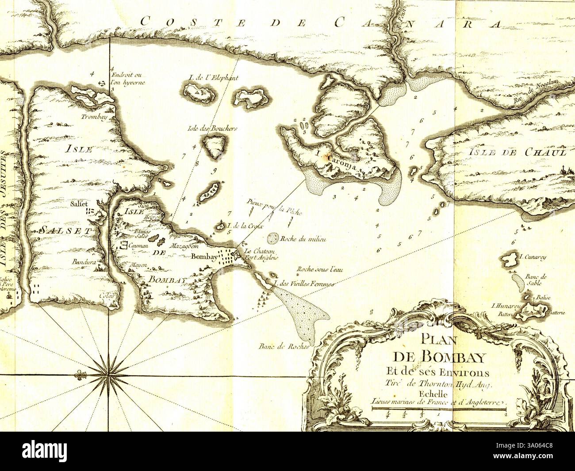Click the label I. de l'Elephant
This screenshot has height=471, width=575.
pyautogui.click(x=213, y=78)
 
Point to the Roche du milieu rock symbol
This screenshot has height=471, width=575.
pyautogui.click(x=273, y=238)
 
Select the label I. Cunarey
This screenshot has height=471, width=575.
pyautogui.click(x=529, y=255)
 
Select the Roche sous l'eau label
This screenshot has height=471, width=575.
pyautogui.click(x=319, y=269)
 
